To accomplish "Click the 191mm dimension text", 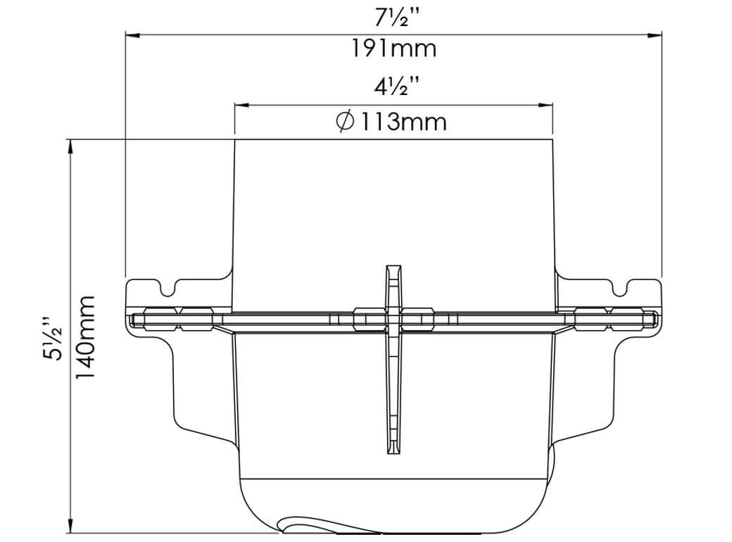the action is pyautogui.click(x=393, y=49).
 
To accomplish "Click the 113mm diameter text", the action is pyautogui.click(x=404, y=121).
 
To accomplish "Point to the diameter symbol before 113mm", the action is pyautogui.click(x=346, y=121).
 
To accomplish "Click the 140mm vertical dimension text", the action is pyautogui.click(x=85, y=337).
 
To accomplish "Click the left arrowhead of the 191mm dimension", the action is pyautogui.click(x=132, y=35).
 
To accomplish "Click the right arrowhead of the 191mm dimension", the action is pyautogui.click(x=655, y=35).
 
